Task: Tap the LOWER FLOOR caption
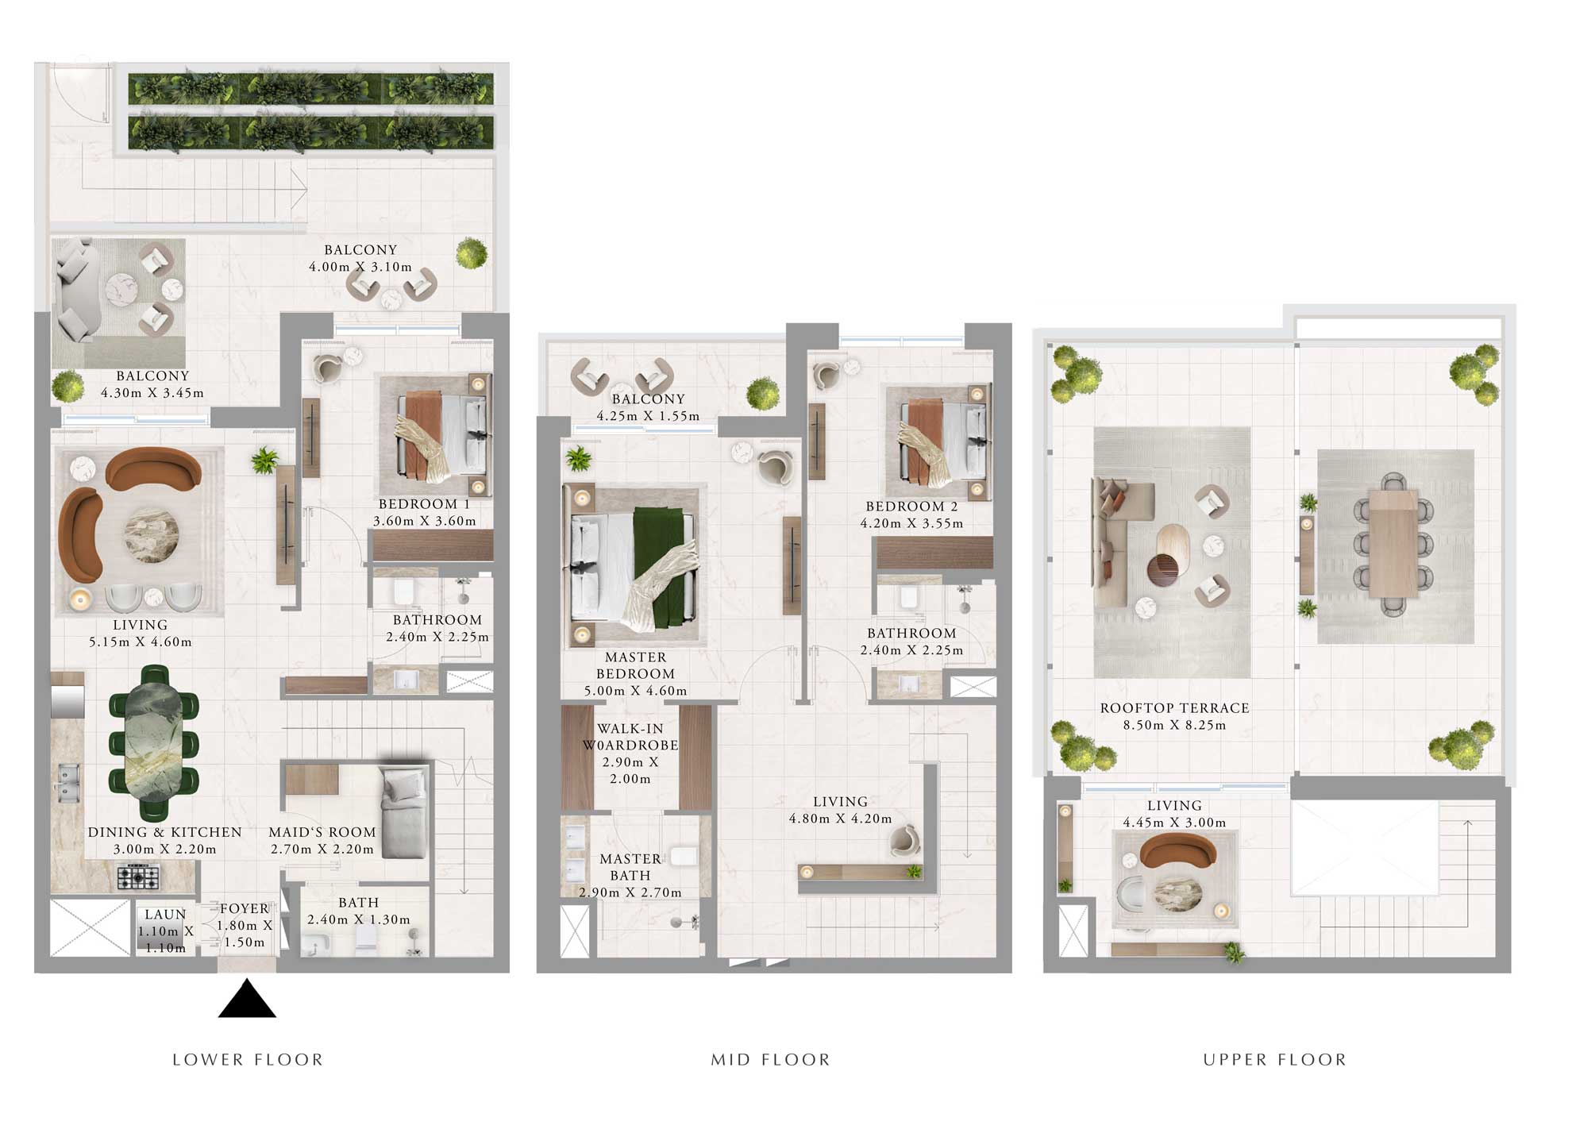[x=248, y=1060]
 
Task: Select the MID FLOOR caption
[x=770, y=1060]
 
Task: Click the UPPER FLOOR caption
[x=1274, y=1060]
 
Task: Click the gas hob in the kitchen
[x=138, y=877]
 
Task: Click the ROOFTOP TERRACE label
[x=1174, y=708]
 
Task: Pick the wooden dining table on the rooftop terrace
[x=1393, y=544]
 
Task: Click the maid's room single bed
[x=404, y=811]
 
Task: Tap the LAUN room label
[x=165, y=915]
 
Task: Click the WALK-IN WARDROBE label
[x=630, y=737]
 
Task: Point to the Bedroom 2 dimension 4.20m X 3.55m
[x=911, y=523]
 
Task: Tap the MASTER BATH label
[x=630, y=867]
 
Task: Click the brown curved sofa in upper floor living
[x=1177, y=853]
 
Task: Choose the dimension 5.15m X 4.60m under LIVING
[x=141, y=642]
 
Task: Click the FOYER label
[x=244, y=908]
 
